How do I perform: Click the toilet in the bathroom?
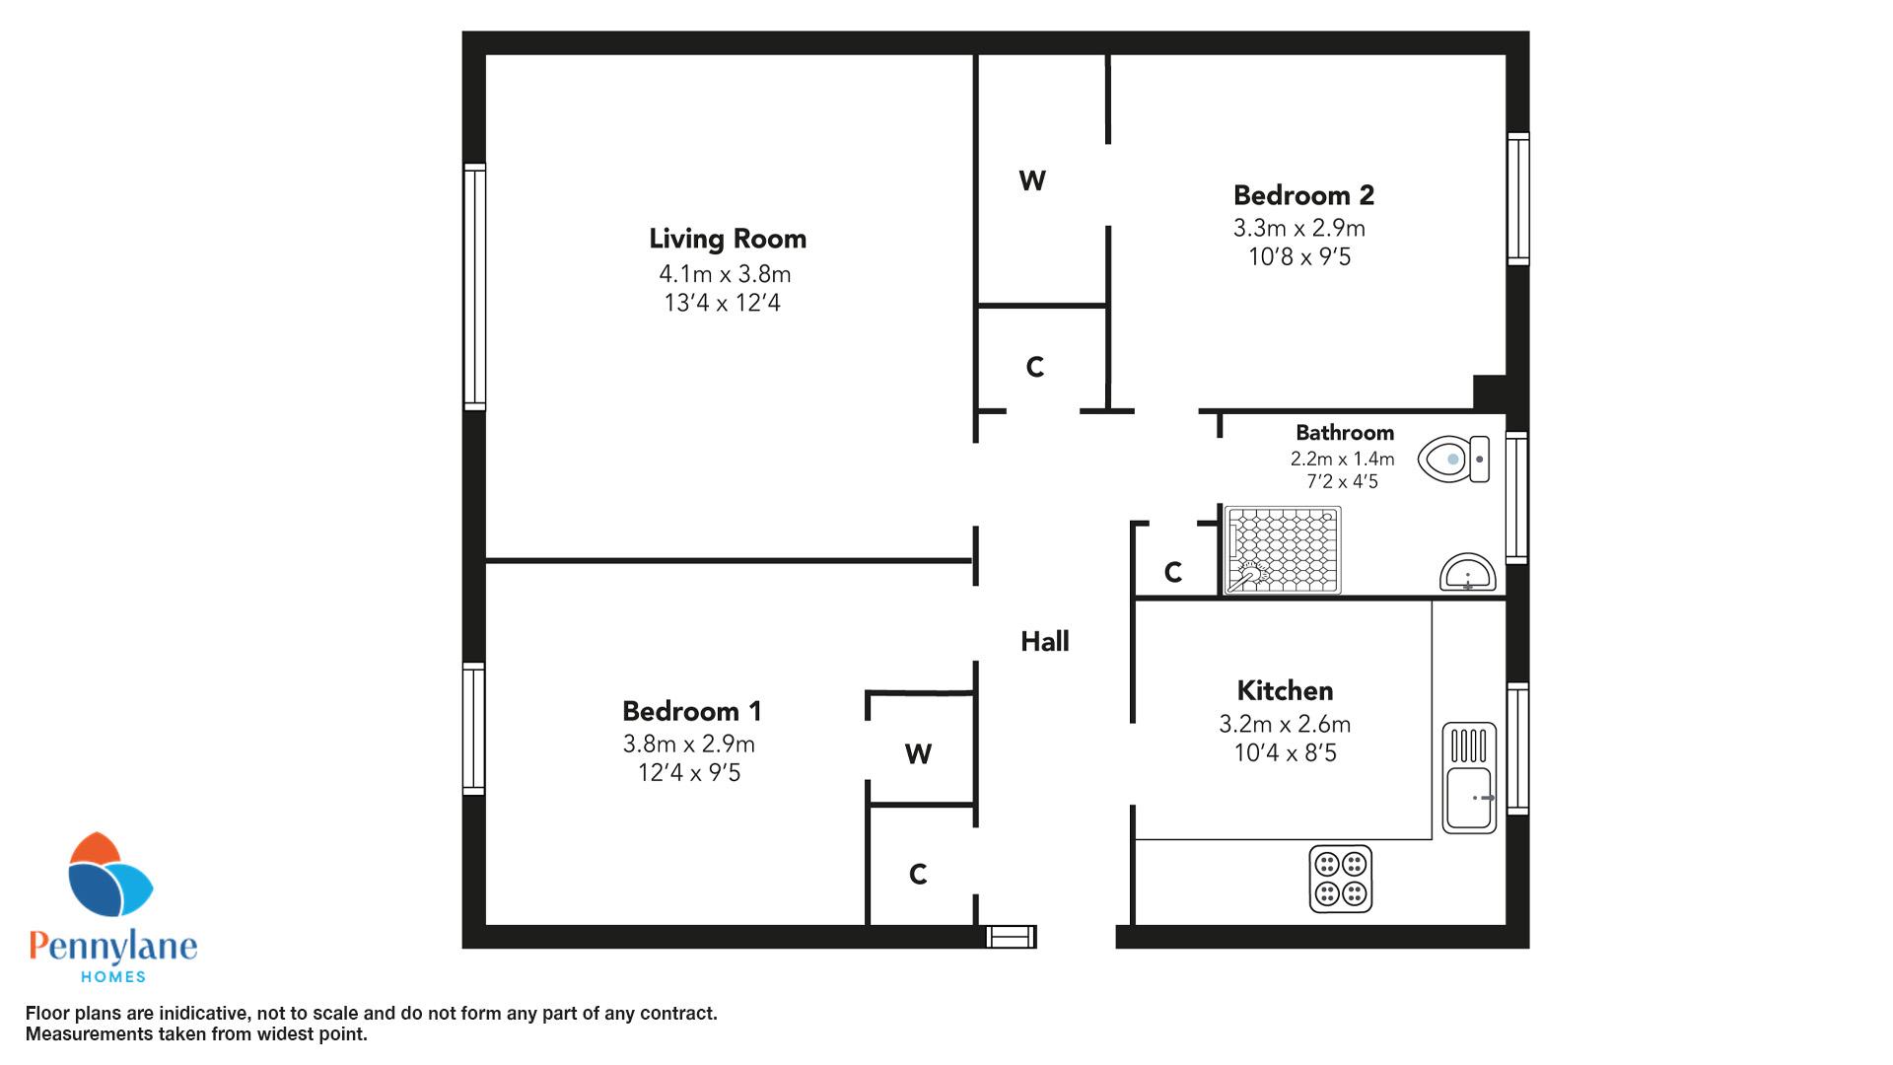1453,459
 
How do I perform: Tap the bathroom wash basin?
1468,573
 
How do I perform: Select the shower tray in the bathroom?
1283,550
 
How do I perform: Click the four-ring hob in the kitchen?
1341,879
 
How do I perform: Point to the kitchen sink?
1469,778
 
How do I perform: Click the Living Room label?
728,239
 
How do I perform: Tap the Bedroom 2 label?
1303,195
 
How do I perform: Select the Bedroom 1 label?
692,711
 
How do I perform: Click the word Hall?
1045,642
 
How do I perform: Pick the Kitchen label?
1285,690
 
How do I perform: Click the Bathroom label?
1345,433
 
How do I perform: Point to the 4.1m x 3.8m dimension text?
726,274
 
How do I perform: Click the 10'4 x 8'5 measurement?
1285,753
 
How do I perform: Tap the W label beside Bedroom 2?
1032,180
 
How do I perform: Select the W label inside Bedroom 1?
918,754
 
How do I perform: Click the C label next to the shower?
1172,572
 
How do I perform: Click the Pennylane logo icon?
109,875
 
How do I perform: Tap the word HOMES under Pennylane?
112,977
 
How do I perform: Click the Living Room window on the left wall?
475,287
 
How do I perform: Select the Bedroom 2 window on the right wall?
1518,199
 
